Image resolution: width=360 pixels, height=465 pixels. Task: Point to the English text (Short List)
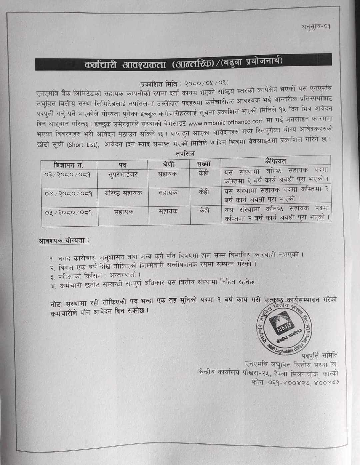(83, 145)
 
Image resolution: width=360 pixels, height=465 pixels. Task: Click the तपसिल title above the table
(185, 154)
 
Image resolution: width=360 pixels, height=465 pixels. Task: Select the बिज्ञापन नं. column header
(69, 165)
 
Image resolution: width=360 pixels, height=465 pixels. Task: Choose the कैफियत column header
(276, 161)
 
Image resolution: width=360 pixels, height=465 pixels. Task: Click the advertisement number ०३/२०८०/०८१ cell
(68, 174)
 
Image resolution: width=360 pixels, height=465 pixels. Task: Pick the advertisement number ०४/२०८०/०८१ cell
(68, 193)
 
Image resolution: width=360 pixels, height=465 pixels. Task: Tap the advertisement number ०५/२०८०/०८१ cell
(68, 212)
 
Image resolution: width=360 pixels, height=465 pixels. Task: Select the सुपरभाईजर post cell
(123, 174)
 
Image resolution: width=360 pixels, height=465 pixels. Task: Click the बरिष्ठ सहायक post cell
(123, 193)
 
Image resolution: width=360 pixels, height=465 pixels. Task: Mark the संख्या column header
(204, 163)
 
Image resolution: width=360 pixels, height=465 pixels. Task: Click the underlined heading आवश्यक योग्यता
(64, 240)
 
